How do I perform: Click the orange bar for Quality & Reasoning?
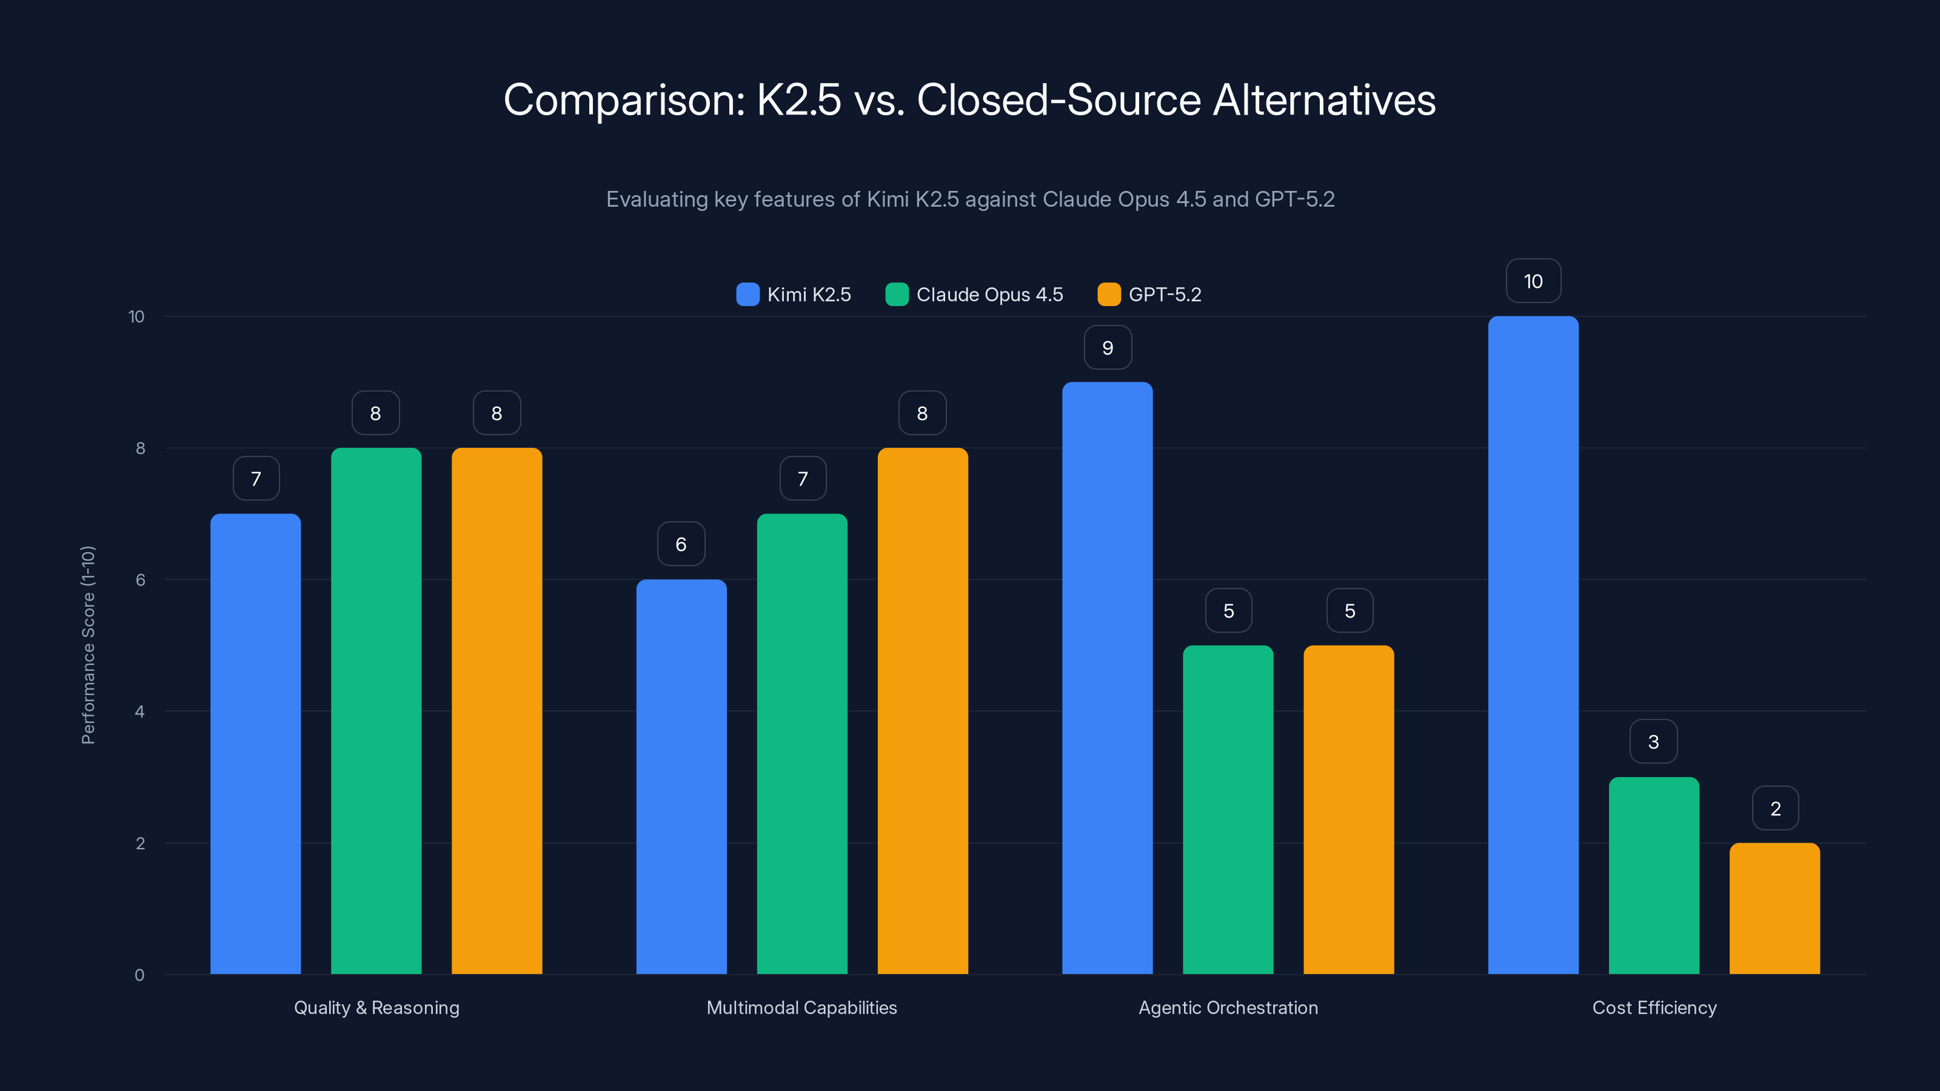coord(497,711)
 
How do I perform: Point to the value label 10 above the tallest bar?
coord(1533,281)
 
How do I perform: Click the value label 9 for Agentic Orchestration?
coord(1107,347)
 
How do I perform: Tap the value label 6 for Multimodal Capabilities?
coord(681,544)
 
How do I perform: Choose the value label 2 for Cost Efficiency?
coord(1775,808)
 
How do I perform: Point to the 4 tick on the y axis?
coord(139,712)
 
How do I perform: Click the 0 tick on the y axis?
coord(139,975)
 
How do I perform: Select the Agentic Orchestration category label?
coord(1228,1007)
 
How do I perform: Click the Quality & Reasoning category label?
coord(376,1007)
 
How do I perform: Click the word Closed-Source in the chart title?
coord(1058,100)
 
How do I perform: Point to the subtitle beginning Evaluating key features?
coord(970,199)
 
